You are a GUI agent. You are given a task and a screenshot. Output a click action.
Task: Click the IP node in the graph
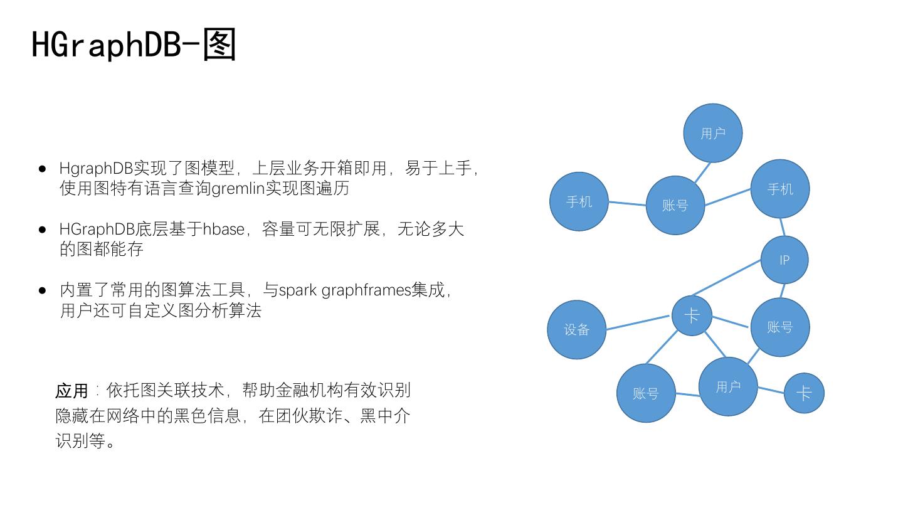(x=784, y=260)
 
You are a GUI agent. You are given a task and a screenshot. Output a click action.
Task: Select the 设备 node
(x=576, y=329)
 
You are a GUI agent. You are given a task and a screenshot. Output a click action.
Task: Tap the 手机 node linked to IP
(x=779, y=189)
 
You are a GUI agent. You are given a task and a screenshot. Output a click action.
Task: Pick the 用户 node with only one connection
(x=712, y=133)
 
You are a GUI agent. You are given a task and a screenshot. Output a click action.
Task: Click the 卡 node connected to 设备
(x=692, y=315)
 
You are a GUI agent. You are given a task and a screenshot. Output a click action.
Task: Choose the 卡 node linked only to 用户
(x=803, y=393)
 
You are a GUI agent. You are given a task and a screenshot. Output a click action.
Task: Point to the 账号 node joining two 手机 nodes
(x=675, y=205)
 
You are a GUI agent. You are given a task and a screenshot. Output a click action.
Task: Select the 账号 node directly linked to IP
(x=779, y=327)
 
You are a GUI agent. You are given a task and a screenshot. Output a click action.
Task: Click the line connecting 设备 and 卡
(x=638, y=323)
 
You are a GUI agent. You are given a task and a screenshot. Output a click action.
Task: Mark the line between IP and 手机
(x=782, y=227)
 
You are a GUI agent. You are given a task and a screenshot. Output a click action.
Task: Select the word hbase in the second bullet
(x=223, y=229)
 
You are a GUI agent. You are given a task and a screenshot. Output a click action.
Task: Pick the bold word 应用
(x=71, y=391)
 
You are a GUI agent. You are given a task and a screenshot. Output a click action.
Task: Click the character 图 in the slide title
(x=219, y=45)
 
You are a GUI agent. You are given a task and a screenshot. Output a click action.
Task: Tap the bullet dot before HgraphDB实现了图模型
(x=43, y=169)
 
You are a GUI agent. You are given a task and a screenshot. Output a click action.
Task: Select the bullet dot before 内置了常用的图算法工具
(x=43, y=290)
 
